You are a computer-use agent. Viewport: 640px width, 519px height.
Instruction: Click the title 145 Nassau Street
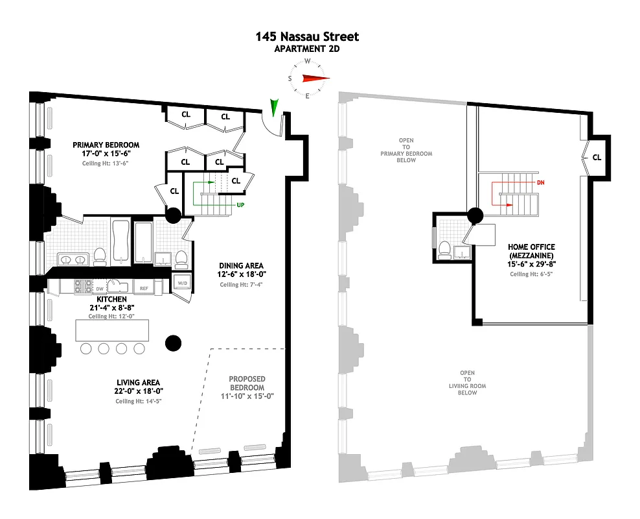pyautogui.click(x=307, y=37)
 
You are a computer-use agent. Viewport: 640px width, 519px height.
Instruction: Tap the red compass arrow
pyautogui.click(x=315, y=79)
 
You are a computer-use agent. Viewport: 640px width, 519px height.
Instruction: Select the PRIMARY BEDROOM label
pyautogui.click(x=106, y=145)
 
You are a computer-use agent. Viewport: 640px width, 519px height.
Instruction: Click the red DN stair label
pyautogui.click(x=540, y=183)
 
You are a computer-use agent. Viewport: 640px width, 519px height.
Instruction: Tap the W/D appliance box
pyautogui.click(x=181, y=282)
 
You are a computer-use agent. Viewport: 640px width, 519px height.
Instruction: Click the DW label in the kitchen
pyautogui.click(x=100, y=287)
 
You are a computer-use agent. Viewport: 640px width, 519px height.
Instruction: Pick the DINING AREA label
pyautogui.click(x=241, y=265)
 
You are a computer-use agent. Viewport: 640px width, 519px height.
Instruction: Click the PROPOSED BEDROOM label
pyautogui.click(x=247, y=383)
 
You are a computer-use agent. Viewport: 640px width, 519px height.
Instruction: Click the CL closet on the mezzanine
pyautogui.click(x=596, y=157)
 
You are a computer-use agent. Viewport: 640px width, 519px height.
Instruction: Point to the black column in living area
pyautogui.click(x=173, y=343)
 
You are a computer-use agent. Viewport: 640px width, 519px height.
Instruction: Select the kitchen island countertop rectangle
pyautogui.click(x=113, y=331)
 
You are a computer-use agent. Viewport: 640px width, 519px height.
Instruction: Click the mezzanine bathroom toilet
pyautogui.click(x=445, y=248)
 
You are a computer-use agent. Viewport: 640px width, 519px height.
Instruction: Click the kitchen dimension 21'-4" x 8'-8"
pyautogui.click(x=112, y=308)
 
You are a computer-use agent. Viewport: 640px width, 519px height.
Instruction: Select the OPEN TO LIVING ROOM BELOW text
pyautogui.click(x=467, y=383)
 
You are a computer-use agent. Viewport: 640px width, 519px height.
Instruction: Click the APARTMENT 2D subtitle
pyautogui.click(x=307, y=49)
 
